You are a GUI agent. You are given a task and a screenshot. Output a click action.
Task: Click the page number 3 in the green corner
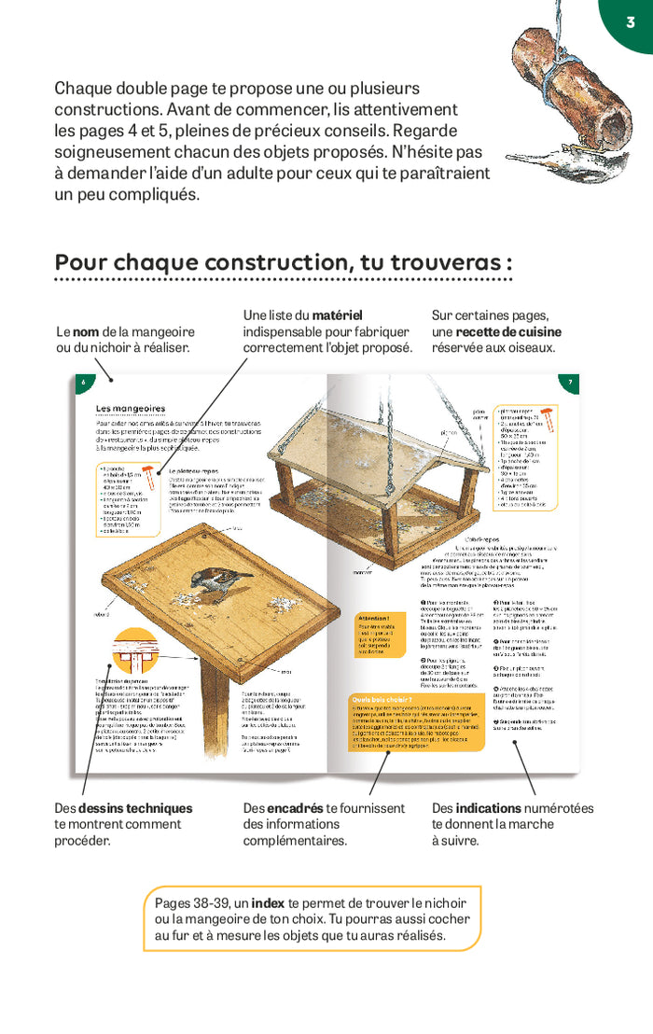click(x=631, y=21)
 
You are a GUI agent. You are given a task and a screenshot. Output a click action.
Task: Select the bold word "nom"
click(x=86, y=331)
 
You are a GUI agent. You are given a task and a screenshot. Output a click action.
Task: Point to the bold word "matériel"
click(x=337, y=315)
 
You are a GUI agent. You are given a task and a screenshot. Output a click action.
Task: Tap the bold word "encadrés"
click(x=296, y=808)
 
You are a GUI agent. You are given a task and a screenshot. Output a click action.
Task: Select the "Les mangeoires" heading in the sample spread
click(x=131, y=408)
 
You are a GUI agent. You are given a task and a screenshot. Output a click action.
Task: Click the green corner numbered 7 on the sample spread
click(x=569, y=383)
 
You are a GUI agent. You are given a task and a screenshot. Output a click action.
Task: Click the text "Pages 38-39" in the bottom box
click(x=189, y=902)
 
